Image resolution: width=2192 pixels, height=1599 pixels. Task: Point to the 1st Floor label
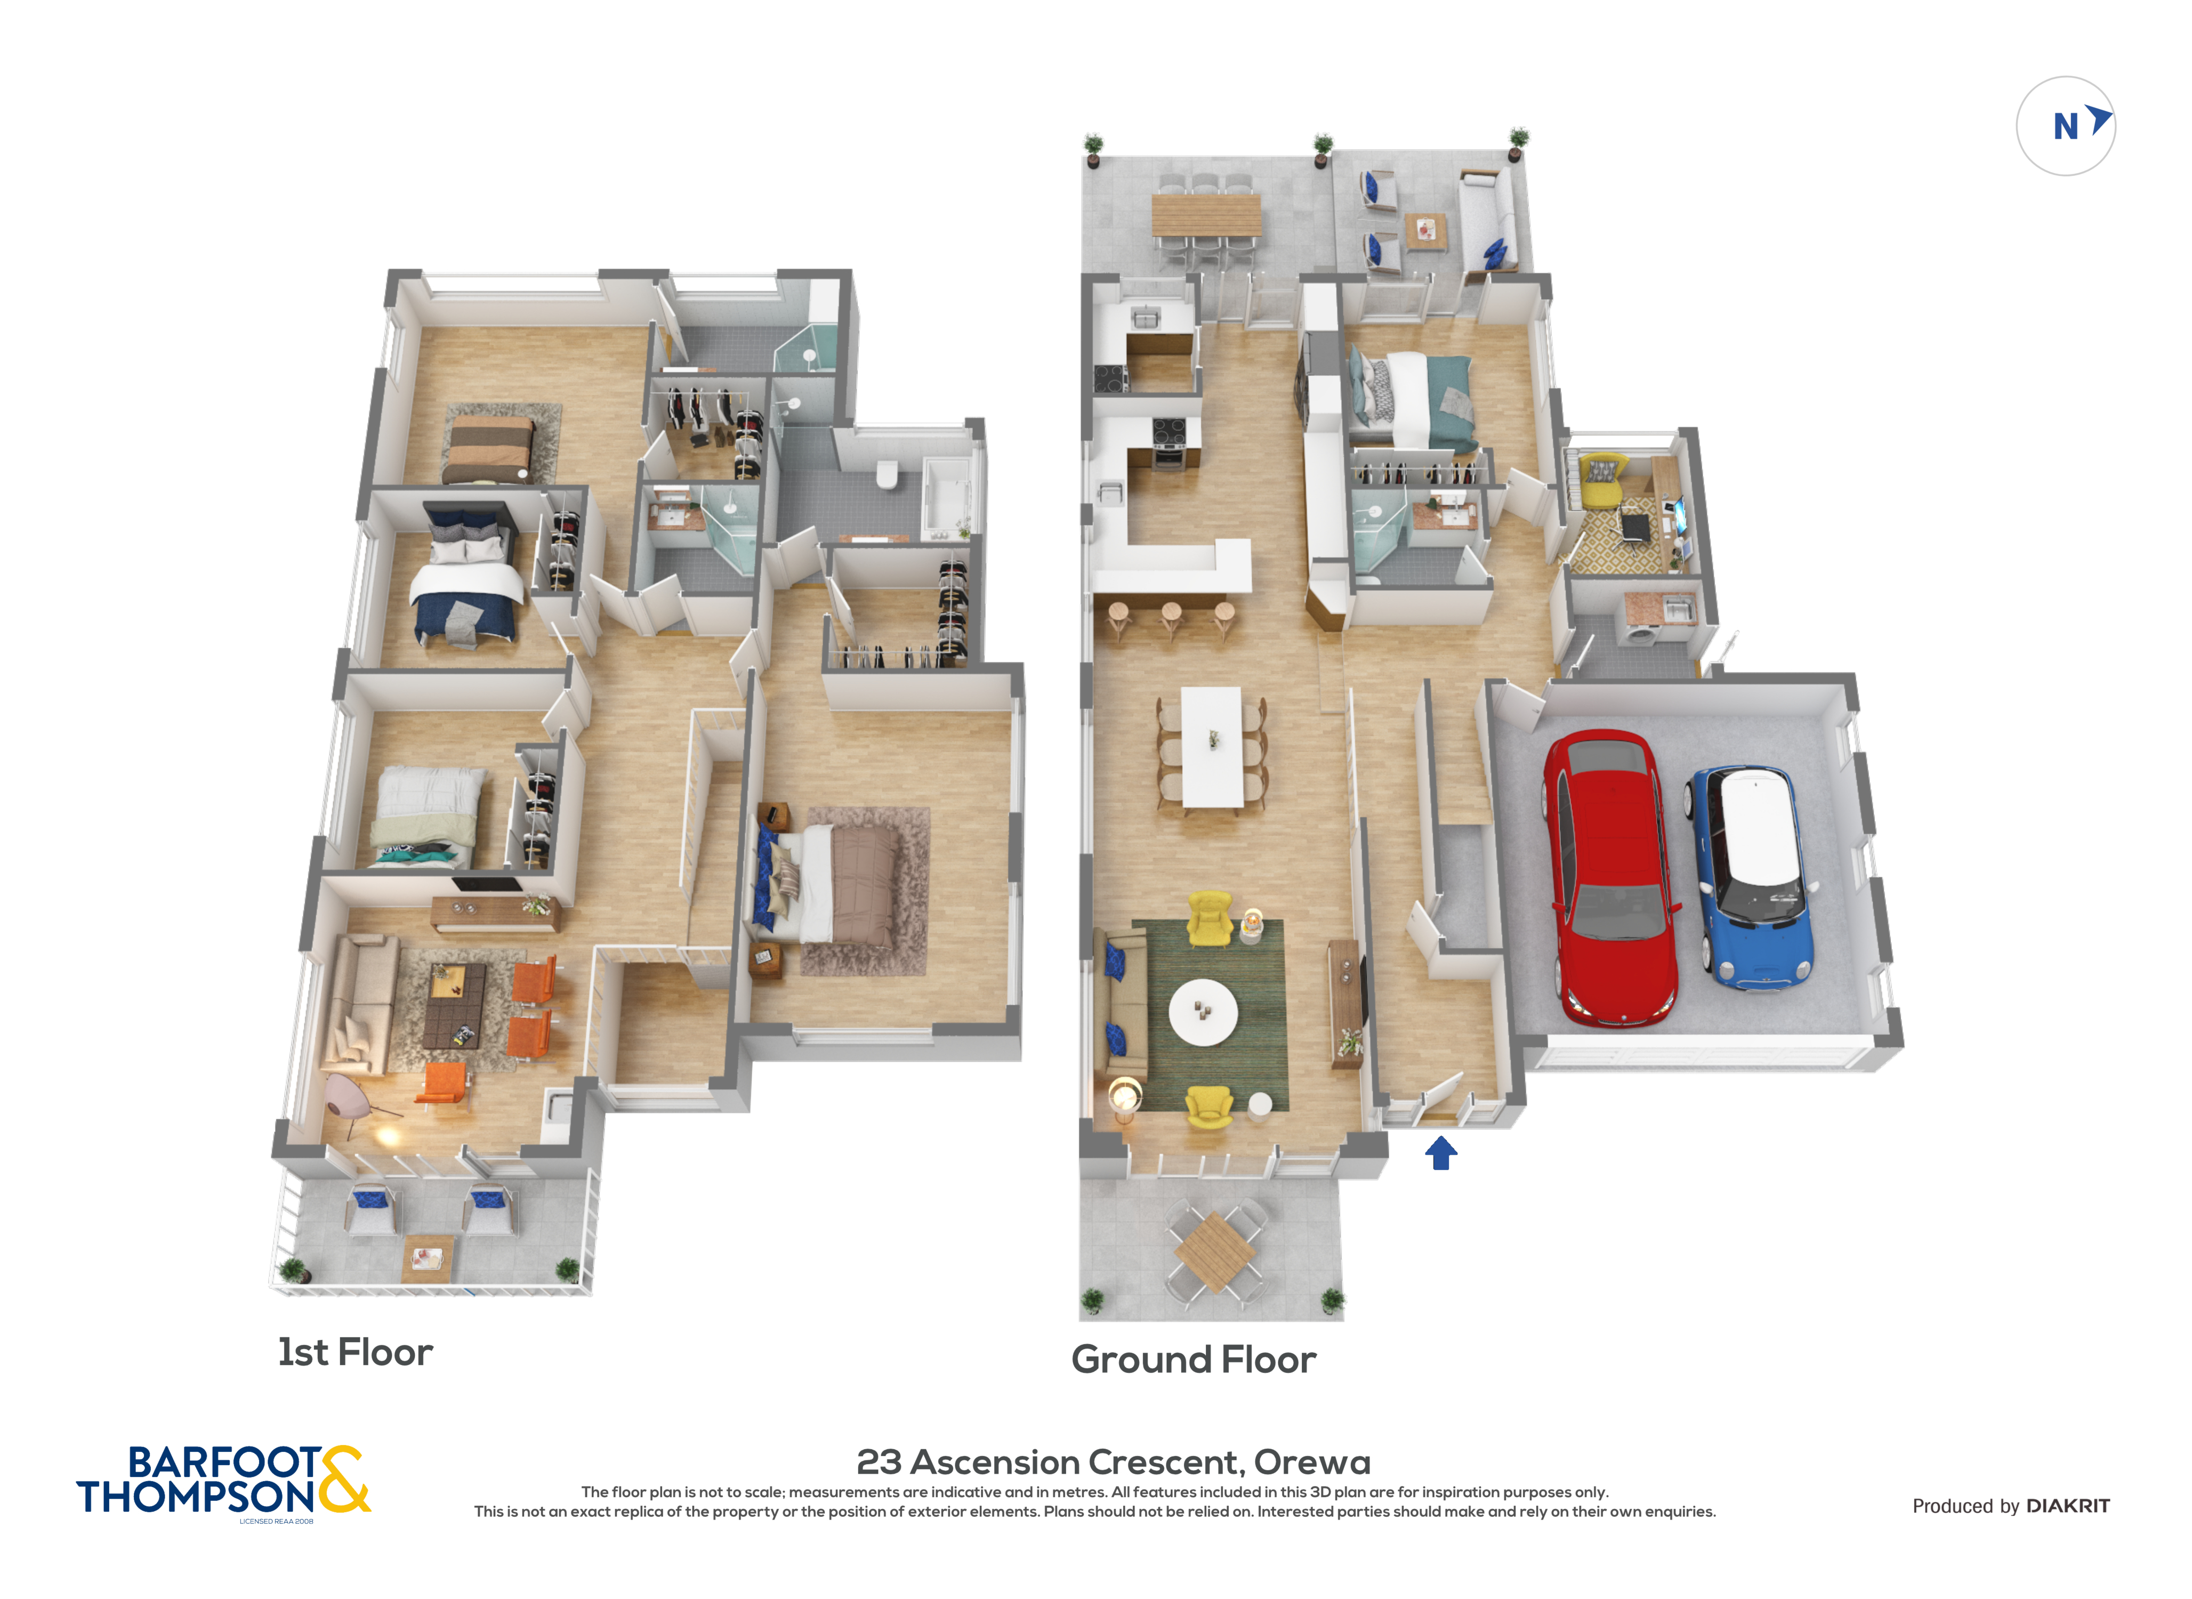pos(355,1352)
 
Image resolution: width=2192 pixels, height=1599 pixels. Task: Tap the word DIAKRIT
pos(2068,1506)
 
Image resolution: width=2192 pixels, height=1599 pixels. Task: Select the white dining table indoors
pos(1212,746)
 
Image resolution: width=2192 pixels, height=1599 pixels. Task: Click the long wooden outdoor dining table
pos(1206,215)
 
